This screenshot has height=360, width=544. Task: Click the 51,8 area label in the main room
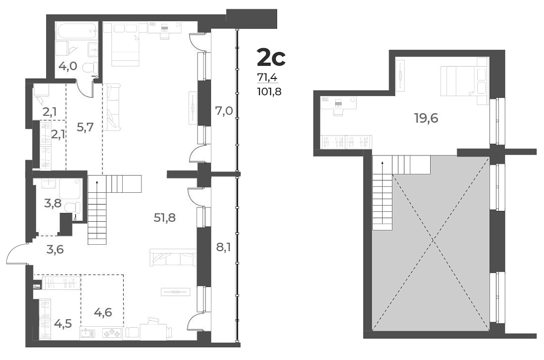[165, 218]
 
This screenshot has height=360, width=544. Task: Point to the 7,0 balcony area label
[224, 111]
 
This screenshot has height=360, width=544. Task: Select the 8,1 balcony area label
[223, 246]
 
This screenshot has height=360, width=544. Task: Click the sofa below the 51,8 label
[173, 258]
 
